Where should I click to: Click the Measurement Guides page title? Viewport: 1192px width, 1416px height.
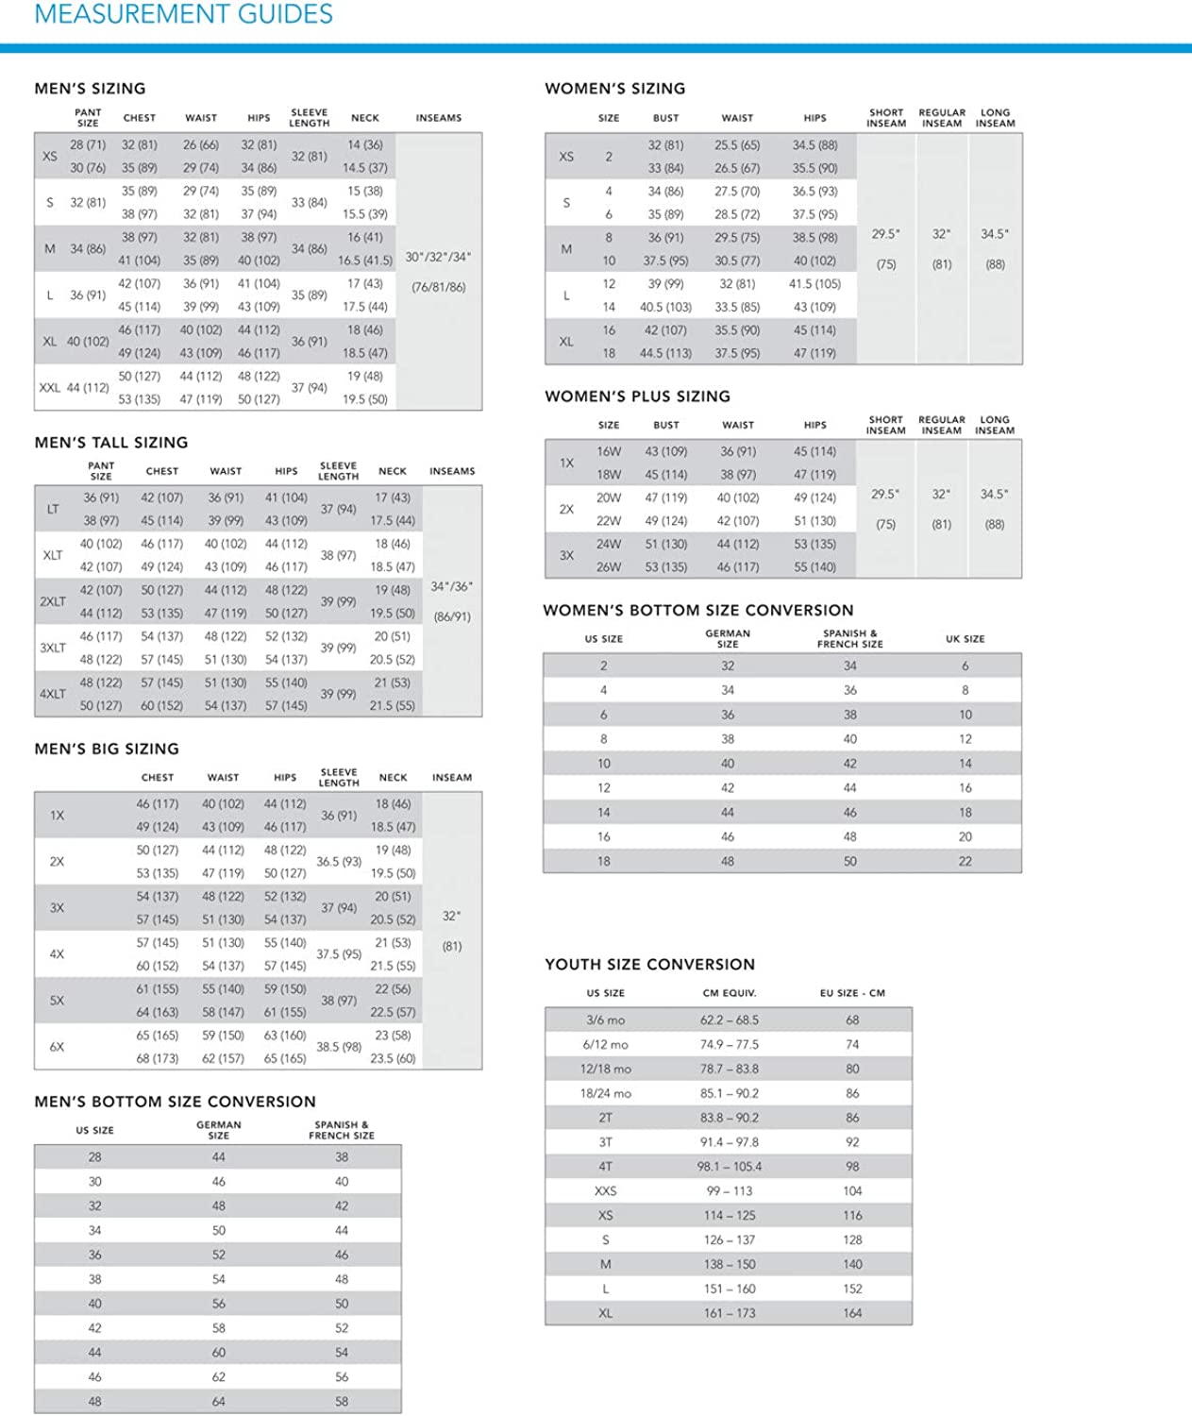(183, 14)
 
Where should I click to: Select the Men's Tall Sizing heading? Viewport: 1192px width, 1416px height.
(111, 442)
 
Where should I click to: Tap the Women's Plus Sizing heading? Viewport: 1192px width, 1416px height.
(637, 396)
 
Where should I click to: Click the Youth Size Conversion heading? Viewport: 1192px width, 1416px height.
(649, 964)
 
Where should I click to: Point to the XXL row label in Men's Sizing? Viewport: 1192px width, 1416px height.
(49, 387)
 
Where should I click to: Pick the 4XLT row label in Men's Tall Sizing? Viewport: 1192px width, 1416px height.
(53, 694)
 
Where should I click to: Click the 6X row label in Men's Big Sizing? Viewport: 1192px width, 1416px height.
(57, 1047)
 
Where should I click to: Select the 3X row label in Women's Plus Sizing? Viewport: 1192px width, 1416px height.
(566, 555)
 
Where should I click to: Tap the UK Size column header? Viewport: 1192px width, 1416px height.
(965, 639)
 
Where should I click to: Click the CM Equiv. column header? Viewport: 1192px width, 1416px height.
(729, 993)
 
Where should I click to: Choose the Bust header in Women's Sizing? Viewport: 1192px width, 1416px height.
(665, 118)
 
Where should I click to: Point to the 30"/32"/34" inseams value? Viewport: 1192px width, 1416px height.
(438, 257)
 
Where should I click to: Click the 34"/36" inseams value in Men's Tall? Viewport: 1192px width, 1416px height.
(451, 586)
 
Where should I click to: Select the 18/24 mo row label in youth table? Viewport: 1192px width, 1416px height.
(605, 1093)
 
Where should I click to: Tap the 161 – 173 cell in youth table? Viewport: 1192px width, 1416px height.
(729, 1313)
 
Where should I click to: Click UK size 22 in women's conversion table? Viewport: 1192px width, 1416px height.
(965, 861)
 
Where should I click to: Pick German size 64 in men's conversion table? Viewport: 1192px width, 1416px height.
(218, 1402)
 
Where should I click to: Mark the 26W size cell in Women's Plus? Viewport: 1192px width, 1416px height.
(609, 567)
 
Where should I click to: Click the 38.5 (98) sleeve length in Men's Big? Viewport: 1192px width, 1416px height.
(339, 1047)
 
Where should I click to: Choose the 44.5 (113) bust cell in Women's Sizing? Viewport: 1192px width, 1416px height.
(665, 353)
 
